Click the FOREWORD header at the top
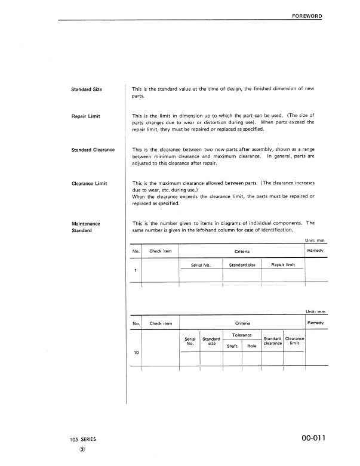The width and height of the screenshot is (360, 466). coord(306,15)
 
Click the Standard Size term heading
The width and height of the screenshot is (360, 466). coord(87,90)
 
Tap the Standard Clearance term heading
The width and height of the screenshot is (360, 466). coord(93,150)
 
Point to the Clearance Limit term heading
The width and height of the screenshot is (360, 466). coord(89,183)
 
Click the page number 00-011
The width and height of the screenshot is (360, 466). coord(309,440)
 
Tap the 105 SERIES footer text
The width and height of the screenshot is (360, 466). coord(82,440)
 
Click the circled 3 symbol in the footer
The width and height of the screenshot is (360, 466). coord(82,451)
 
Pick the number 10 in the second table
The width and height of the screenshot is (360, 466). coord(136,353)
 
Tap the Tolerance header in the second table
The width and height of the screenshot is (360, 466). coord(241,335)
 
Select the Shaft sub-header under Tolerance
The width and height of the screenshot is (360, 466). coord(232,345)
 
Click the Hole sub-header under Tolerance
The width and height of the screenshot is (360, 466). coord(251,345)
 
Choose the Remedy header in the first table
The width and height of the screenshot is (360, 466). coord(315,251)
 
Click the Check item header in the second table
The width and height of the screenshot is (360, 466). coord(161,323)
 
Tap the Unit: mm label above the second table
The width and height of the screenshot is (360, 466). coord(315,311)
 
